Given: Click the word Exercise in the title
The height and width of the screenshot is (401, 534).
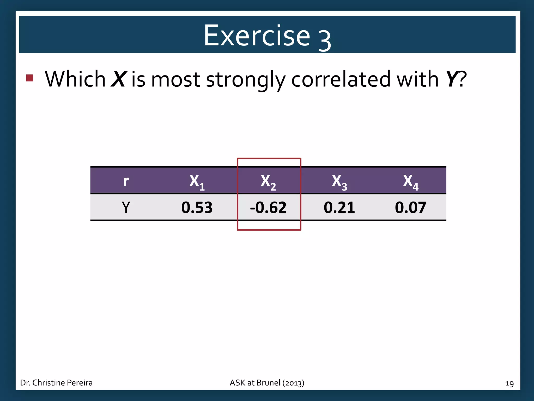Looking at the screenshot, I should [257, 36].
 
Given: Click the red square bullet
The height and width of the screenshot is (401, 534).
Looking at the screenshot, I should [30, 78].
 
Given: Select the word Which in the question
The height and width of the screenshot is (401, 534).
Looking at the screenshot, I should [75, 79].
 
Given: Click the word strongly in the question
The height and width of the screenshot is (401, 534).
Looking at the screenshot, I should [246, 79].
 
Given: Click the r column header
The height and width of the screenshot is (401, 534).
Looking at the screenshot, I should [126, 181].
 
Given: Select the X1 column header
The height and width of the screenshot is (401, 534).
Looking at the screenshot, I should [197, 181].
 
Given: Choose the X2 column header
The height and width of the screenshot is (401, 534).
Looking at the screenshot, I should [268, 181].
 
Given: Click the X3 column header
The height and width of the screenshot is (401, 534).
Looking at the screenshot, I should [339, 181].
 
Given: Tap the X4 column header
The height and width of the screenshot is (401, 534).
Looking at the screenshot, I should [410, 181].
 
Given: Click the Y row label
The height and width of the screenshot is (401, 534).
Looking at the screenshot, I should [126, 208].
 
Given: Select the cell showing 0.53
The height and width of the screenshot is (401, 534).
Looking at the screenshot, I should [197, 208].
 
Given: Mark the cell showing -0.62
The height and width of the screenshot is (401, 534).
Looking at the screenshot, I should [268, 208].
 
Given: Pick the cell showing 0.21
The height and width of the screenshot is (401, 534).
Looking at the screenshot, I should [339, 208].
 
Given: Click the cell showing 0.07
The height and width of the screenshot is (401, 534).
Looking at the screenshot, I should [410, 208].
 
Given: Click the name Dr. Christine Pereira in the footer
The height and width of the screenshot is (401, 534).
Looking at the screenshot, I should [56, 383].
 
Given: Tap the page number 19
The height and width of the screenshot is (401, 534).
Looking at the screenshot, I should [509, 384].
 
